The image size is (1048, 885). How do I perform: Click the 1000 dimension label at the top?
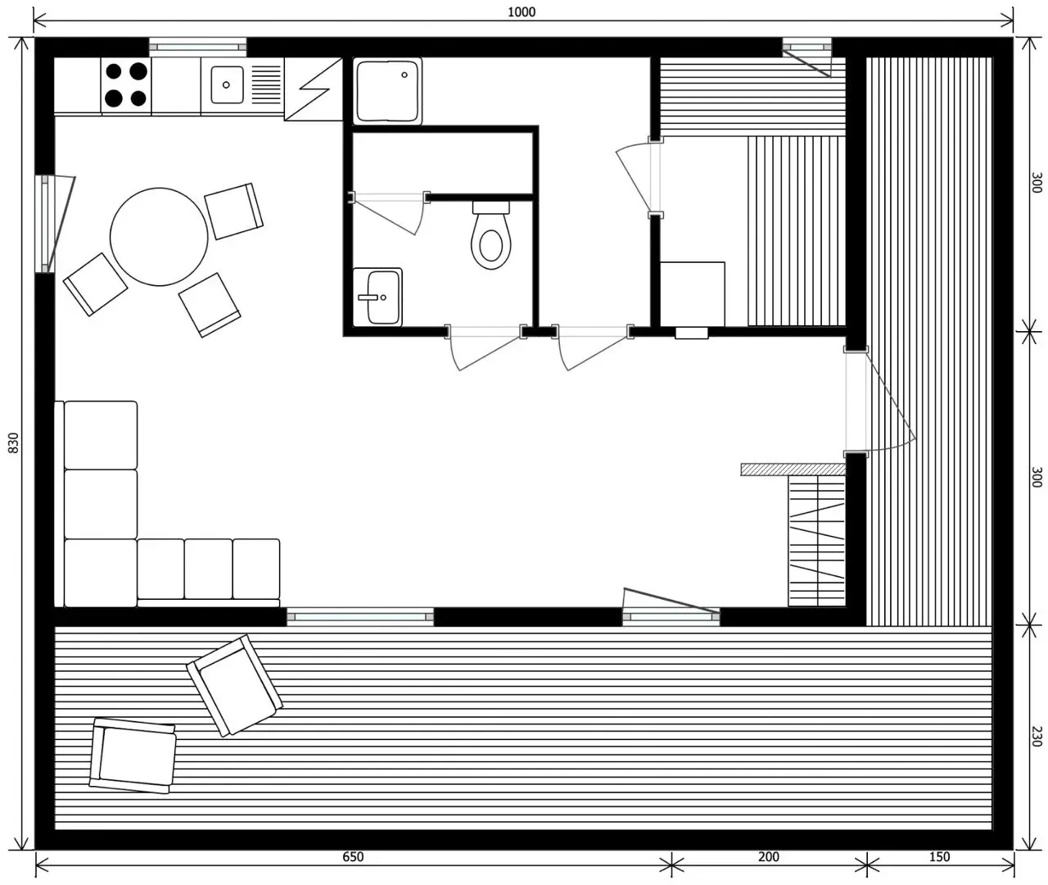(522, 11)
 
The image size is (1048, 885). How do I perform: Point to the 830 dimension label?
(14, 442)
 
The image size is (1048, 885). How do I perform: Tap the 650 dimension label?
(353, 856)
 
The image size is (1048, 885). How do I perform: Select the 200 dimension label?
(769, 856)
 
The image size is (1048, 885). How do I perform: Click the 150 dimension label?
(939, 856)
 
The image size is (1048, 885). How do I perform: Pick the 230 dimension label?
(1037, 737)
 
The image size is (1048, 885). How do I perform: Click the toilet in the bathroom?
(491, 235)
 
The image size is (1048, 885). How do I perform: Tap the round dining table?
(159, 237)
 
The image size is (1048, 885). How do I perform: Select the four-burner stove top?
(126, 85)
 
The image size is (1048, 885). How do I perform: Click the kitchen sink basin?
(227, 85)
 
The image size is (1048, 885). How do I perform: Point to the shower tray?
(387, 91)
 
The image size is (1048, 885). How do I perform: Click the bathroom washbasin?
(377, 297)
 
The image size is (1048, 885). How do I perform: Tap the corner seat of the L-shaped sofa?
(101, 573)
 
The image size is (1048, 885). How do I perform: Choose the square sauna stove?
(692, 294)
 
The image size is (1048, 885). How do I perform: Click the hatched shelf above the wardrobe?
(793, 469)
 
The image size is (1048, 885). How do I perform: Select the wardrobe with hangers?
(816, 541)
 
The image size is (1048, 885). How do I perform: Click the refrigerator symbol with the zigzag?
(314, 88)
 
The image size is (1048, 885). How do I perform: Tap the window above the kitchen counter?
(198, 48)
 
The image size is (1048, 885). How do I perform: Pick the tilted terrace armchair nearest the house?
(234, 686)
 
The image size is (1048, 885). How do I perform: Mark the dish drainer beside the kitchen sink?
(266, 85)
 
